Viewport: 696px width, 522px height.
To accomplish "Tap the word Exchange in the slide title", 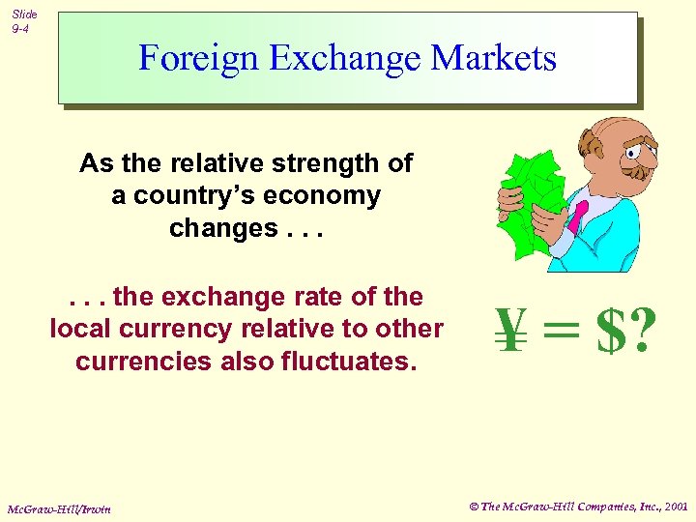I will pyautogui.click(x=346, y=58).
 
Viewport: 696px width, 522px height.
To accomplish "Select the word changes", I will pyautogui.click(x=223, y=229).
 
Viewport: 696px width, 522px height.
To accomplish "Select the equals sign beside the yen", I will pyautogui.click(x=563, y=331).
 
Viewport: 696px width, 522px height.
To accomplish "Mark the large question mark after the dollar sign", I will pyautogui.click(x=641, y=331).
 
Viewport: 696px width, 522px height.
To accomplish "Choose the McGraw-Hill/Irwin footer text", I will pyautogui.click(x=59, y=508).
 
